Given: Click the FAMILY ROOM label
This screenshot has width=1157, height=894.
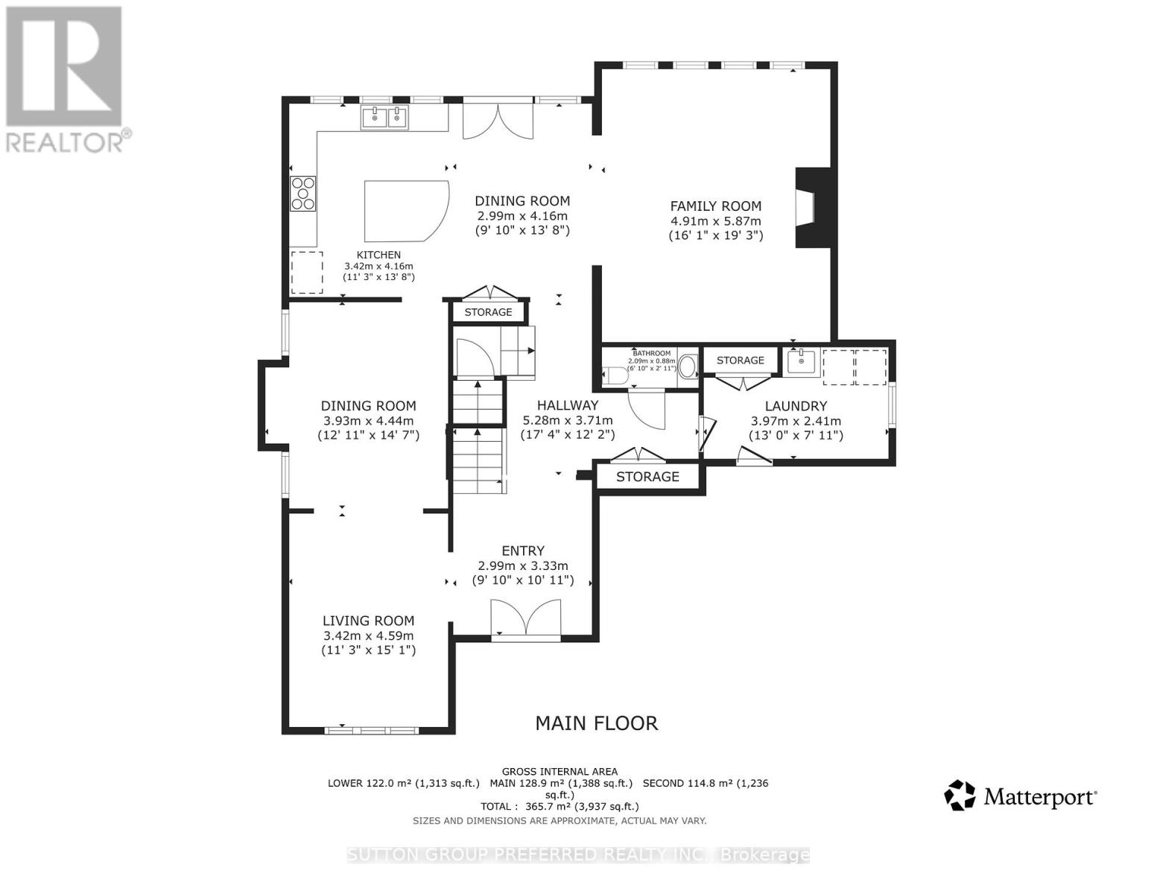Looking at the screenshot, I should [715, 206].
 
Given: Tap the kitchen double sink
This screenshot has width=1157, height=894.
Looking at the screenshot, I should [385, 118].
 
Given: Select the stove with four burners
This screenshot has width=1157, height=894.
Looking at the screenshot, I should [303, 193].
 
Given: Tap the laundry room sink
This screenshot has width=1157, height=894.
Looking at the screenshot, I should [802, 361].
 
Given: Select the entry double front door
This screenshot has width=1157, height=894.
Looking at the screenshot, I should [525, 618].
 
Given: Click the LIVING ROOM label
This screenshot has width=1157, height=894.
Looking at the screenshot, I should [368, 621].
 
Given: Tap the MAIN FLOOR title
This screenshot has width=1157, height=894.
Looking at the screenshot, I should [597, 723].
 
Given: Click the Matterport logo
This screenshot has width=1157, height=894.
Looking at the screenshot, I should [1020, 796].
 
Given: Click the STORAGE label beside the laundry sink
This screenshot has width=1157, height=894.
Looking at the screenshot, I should [740, 360].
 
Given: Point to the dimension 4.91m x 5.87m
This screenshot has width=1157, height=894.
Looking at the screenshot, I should [715, 221].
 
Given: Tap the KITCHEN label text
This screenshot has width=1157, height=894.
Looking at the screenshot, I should [378, 255].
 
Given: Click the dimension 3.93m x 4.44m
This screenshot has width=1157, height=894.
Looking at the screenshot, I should [368, 420].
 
